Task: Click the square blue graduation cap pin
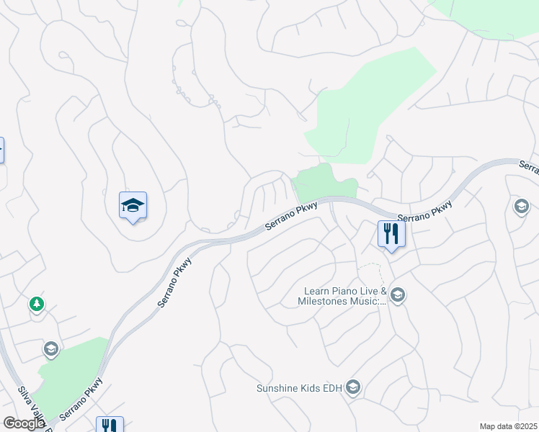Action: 133,207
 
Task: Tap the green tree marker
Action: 36,305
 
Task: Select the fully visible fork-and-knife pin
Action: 391,234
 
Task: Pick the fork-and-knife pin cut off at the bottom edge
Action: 110,425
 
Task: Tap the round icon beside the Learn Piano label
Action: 398,295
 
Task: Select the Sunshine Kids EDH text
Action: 299,389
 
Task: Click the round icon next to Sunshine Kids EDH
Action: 352,389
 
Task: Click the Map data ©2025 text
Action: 507,426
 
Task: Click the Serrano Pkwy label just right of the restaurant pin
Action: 425,211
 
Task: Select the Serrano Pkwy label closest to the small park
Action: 291,215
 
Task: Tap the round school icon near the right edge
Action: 521,207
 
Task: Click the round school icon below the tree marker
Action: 50,350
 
